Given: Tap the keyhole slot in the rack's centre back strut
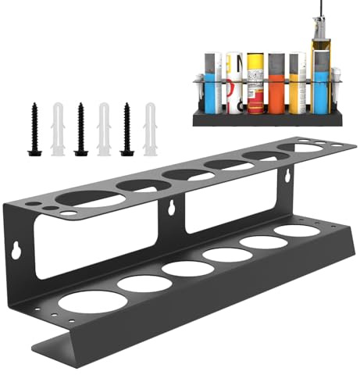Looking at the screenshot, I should [x=169, y=209].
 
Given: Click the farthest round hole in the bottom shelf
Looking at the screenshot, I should [x=296, y=231].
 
